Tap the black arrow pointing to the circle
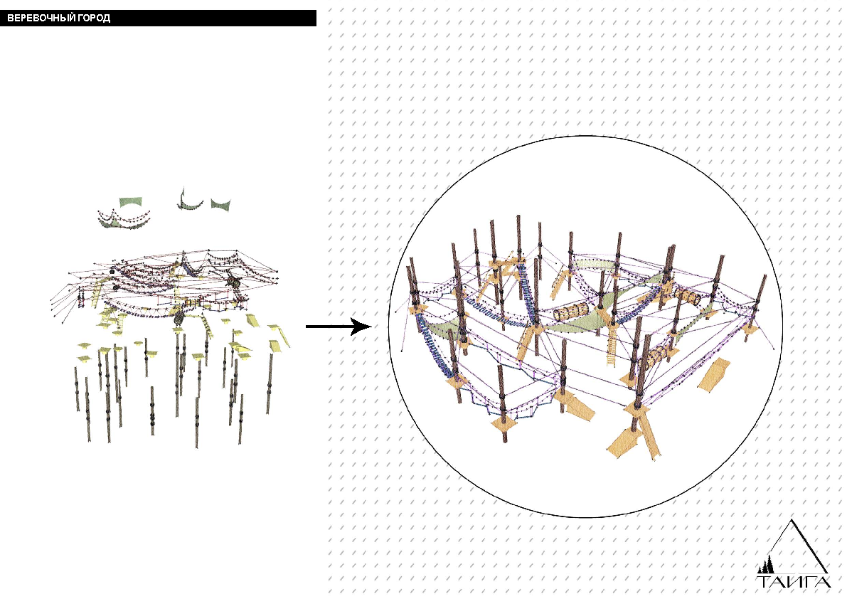(x=339, y=327)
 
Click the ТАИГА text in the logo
(x=794, y=582)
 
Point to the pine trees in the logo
(x=766, y=566)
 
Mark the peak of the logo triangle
(x=792, y=520)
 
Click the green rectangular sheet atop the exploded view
(x=129, y=202)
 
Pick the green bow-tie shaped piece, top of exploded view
(x=220, y=204)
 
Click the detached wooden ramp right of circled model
(x=715, y=374)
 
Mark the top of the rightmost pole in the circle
(x=765, y=276)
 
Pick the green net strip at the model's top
(x=595, y=264)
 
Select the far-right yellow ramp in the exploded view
(x=279, y=334)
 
